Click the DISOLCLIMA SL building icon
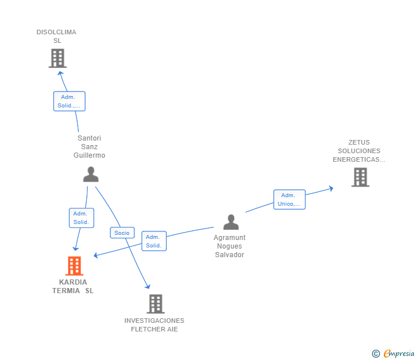point(57,58)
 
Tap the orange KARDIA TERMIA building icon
point(74,266)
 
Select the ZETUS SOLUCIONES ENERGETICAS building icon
point(360,177)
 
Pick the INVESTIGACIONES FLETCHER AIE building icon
point(155,304)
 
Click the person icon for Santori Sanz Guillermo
point(91,174)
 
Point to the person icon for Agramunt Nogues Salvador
point(231,222)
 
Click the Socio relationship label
point(122,233)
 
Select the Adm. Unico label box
point(289,199)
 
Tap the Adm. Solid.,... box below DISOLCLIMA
point(69,101)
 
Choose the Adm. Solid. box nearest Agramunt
point(154,241)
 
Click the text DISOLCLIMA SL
point(57,37)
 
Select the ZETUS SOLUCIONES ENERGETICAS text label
point(359,151)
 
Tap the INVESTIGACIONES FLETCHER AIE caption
point(154,325)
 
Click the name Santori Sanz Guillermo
point(89,147)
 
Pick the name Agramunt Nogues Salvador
point(230,246)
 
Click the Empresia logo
point(394,354)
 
